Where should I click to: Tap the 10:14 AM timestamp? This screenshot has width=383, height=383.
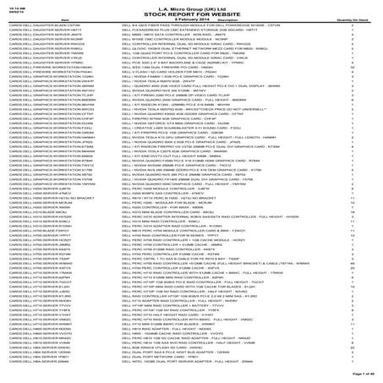click(18, 5)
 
